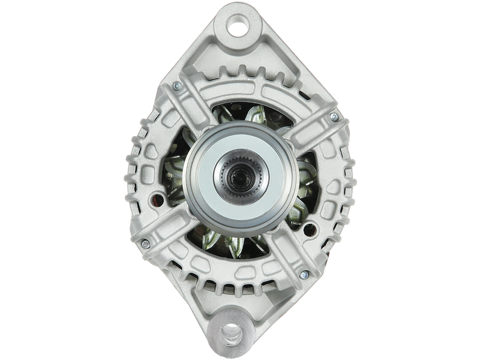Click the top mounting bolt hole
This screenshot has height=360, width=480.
[x=239, y=27]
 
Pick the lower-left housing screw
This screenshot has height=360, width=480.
[x=145, y=242]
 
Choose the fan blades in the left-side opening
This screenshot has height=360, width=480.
[x=175, y=174]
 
